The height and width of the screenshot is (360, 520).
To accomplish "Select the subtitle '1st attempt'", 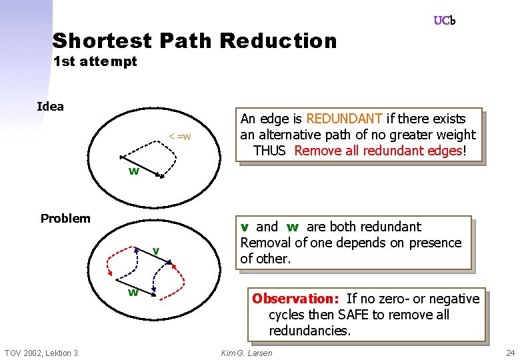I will (x=95, y=62).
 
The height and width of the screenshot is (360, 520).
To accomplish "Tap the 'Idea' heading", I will (x=50, y=107).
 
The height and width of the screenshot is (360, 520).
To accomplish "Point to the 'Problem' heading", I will (x=65, y=219).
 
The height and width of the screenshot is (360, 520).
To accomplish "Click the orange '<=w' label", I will (x=180, y=137).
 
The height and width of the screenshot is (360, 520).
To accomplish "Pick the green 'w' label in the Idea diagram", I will (x=133, y=171).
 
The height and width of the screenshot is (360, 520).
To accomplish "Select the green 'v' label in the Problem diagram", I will (x=155, y=250).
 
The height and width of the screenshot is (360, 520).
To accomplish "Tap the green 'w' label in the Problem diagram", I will (x=133, y=292).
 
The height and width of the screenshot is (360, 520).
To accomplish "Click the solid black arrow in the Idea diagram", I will (x=142, y=167).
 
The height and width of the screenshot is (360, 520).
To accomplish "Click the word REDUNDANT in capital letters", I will (x=344, y=119).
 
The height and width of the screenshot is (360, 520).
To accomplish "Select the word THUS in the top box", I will (x=269, y=151).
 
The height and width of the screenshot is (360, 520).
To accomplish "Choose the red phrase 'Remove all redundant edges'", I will (x=377, y=151).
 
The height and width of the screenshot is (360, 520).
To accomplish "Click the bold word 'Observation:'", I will (x=296, y=299).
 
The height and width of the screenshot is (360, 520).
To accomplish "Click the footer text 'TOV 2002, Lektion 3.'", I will (x=42, y=353).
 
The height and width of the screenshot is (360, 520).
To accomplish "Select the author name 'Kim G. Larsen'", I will (x=246, y=353).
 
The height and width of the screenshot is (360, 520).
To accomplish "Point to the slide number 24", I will (x=510, y=353).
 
